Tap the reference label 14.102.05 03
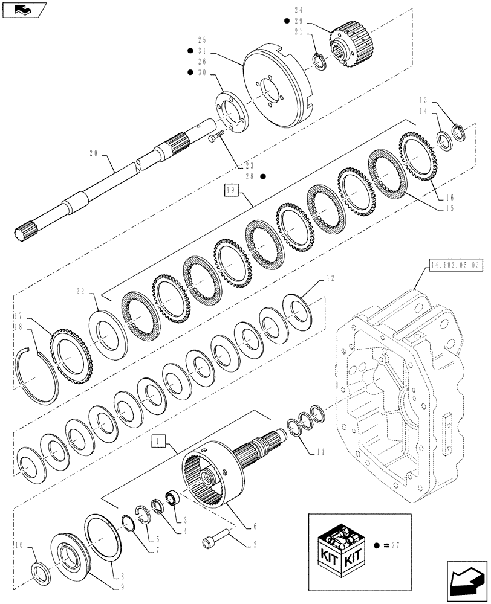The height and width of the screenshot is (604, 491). [457, 264]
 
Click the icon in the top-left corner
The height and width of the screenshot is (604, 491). [22, 9]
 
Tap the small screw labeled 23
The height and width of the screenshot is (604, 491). [216, 140]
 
